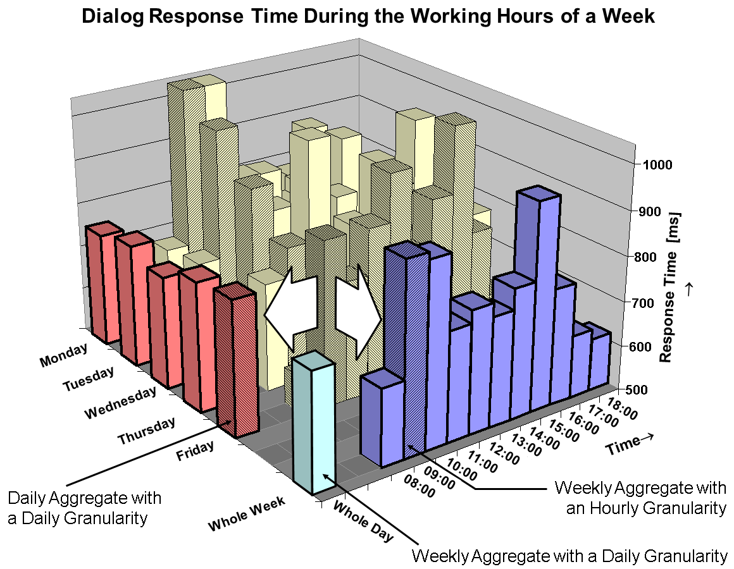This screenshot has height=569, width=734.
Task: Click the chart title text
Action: coord(368,17)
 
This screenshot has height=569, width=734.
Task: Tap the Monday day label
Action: coord(63,355)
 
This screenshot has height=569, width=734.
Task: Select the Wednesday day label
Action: coord(120,403)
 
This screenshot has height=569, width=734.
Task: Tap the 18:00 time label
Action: coord(621,403)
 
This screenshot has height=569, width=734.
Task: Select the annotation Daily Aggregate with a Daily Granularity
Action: coord(85,508)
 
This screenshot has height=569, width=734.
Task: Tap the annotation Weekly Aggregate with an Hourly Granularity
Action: coord(639,498)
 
